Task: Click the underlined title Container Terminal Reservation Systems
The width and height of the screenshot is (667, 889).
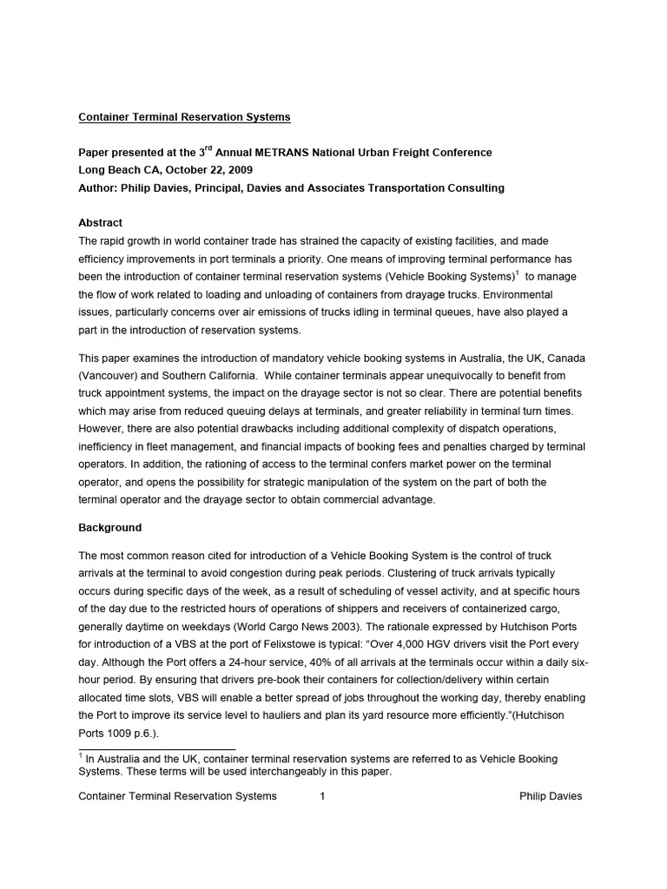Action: click(x=185, y=116)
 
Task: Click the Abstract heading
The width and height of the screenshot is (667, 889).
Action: click(x=101, y=223)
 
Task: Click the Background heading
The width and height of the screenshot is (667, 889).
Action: click(x=110, y=528)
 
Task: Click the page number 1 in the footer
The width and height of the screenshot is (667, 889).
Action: click(x=321, y=796)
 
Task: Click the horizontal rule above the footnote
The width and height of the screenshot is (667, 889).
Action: click(x=157, y=747)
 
